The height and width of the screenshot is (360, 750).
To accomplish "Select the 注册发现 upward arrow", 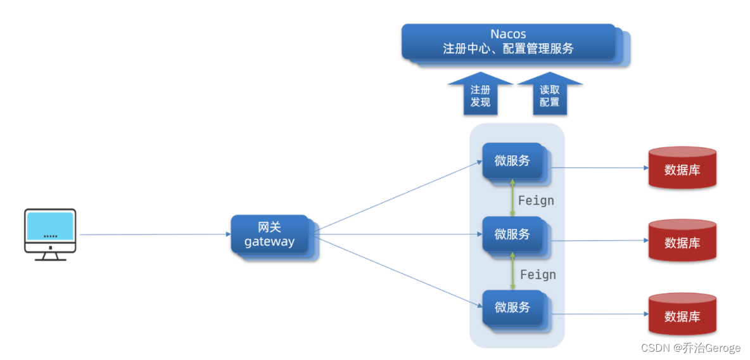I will [480, 95].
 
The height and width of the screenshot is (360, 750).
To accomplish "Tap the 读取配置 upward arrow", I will [550, 95].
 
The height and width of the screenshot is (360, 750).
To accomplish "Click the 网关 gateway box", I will [270, 235].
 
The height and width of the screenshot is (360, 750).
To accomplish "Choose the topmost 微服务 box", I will [512, 161].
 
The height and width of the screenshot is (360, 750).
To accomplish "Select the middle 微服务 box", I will [512, 235].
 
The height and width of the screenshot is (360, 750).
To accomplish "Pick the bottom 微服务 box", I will [512, 307].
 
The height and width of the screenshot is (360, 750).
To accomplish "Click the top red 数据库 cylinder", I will [682, 168].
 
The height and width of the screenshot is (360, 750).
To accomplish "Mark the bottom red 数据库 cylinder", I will [682, 314].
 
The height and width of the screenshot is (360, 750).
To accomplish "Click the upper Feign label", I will [536, 201].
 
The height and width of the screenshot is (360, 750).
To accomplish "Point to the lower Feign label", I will [538, 274].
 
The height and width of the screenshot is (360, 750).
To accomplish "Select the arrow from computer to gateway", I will [155, 235].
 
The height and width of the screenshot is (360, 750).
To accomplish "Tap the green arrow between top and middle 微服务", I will [512, 198].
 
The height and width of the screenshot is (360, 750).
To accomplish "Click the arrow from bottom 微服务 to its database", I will [599, 314].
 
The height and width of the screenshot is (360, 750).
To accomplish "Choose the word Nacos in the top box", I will [509, 34].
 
